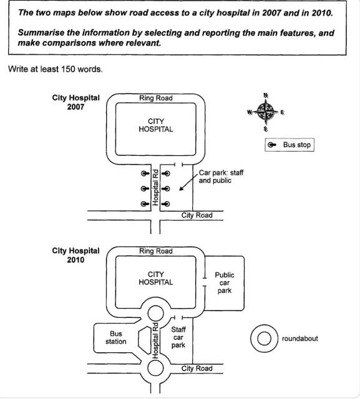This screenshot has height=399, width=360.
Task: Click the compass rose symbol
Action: (x=266, y=112)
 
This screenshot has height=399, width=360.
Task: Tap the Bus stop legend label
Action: (x=296, y=145)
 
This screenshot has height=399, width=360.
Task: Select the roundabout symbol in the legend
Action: (x=264, y=339)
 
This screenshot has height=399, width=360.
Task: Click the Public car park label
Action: (x=225, y=282)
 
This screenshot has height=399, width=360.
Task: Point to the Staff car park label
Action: (x=178, y=337)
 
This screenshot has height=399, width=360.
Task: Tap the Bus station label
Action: (x=116, y=337)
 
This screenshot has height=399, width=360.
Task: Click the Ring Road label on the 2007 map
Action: (x=156, y=98)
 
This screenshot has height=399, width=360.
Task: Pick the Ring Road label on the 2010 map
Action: (x=156, y=251)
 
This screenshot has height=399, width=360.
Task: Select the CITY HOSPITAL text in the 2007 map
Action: (x=156, y=125)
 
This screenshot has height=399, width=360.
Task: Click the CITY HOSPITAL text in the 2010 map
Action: (x=156, y=278)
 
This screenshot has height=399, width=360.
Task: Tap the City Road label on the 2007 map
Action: (x=197, y=215)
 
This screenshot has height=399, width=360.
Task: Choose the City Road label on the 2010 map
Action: (x=197, y=368)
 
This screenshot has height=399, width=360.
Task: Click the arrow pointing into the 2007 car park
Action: (x=188, y=183)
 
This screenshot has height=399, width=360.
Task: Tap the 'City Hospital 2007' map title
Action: (x=76, y=102)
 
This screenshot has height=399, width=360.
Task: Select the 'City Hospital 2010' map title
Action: (x=76, y=255)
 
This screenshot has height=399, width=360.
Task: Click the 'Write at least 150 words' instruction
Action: (x=56, y=69)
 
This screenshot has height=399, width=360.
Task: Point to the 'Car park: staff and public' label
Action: (x=221, y=176)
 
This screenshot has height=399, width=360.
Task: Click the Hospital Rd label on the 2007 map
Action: (x=155, y=188)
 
